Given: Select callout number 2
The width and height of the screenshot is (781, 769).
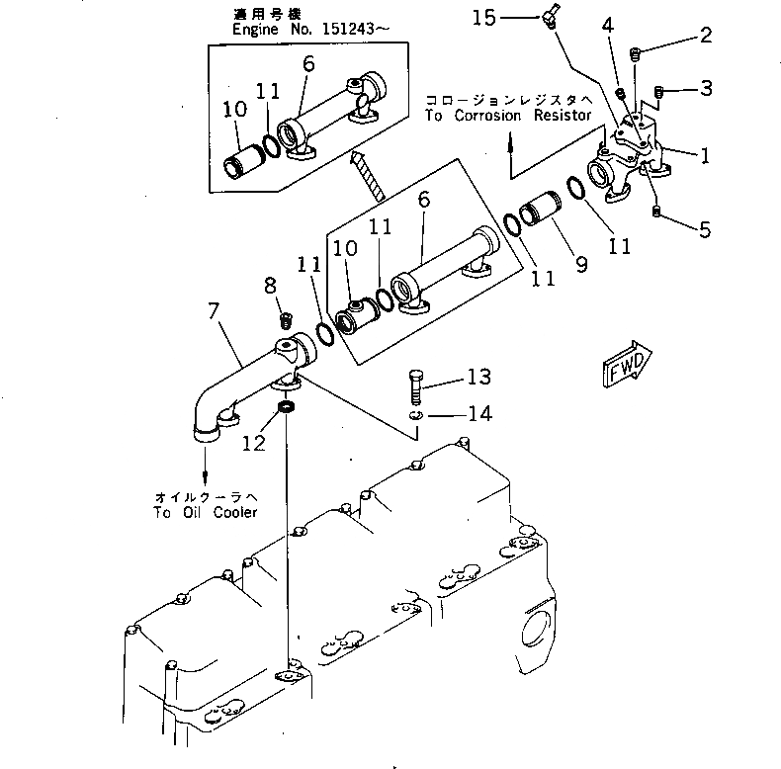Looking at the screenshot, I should (x=705, y=36).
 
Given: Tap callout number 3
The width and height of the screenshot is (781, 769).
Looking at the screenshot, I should (x=705, y=90).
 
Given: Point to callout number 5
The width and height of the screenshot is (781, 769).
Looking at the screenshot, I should (x=704, y=230).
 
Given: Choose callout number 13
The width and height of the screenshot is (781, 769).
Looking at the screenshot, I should (x=478, y=378).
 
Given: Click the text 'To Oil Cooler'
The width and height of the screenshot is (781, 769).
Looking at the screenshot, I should (x=205, y=512).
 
